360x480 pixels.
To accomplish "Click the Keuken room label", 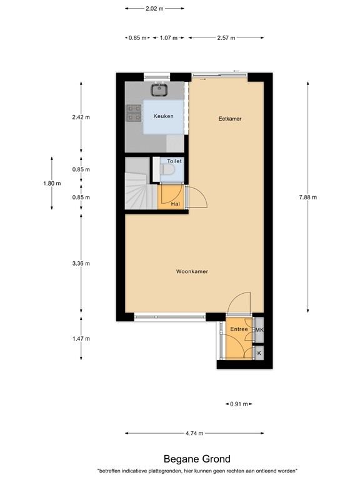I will (164, 116).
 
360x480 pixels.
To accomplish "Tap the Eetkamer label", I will (229, 119).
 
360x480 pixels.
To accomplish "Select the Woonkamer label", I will (192, 271).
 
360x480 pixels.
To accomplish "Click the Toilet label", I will (174, 161).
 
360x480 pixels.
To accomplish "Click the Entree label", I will (239, 329).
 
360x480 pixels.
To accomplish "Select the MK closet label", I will (259, 330).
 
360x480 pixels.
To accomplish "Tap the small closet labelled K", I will (259, 353).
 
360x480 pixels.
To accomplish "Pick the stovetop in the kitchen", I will (134, 112).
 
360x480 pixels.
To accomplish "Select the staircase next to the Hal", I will (138, 186).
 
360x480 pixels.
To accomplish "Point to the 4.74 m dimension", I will (194, 432).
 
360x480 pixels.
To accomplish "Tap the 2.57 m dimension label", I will (226, 37).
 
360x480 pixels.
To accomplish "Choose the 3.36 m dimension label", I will (81, 263).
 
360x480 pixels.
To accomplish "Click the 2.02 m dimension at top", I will (154, 9).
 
